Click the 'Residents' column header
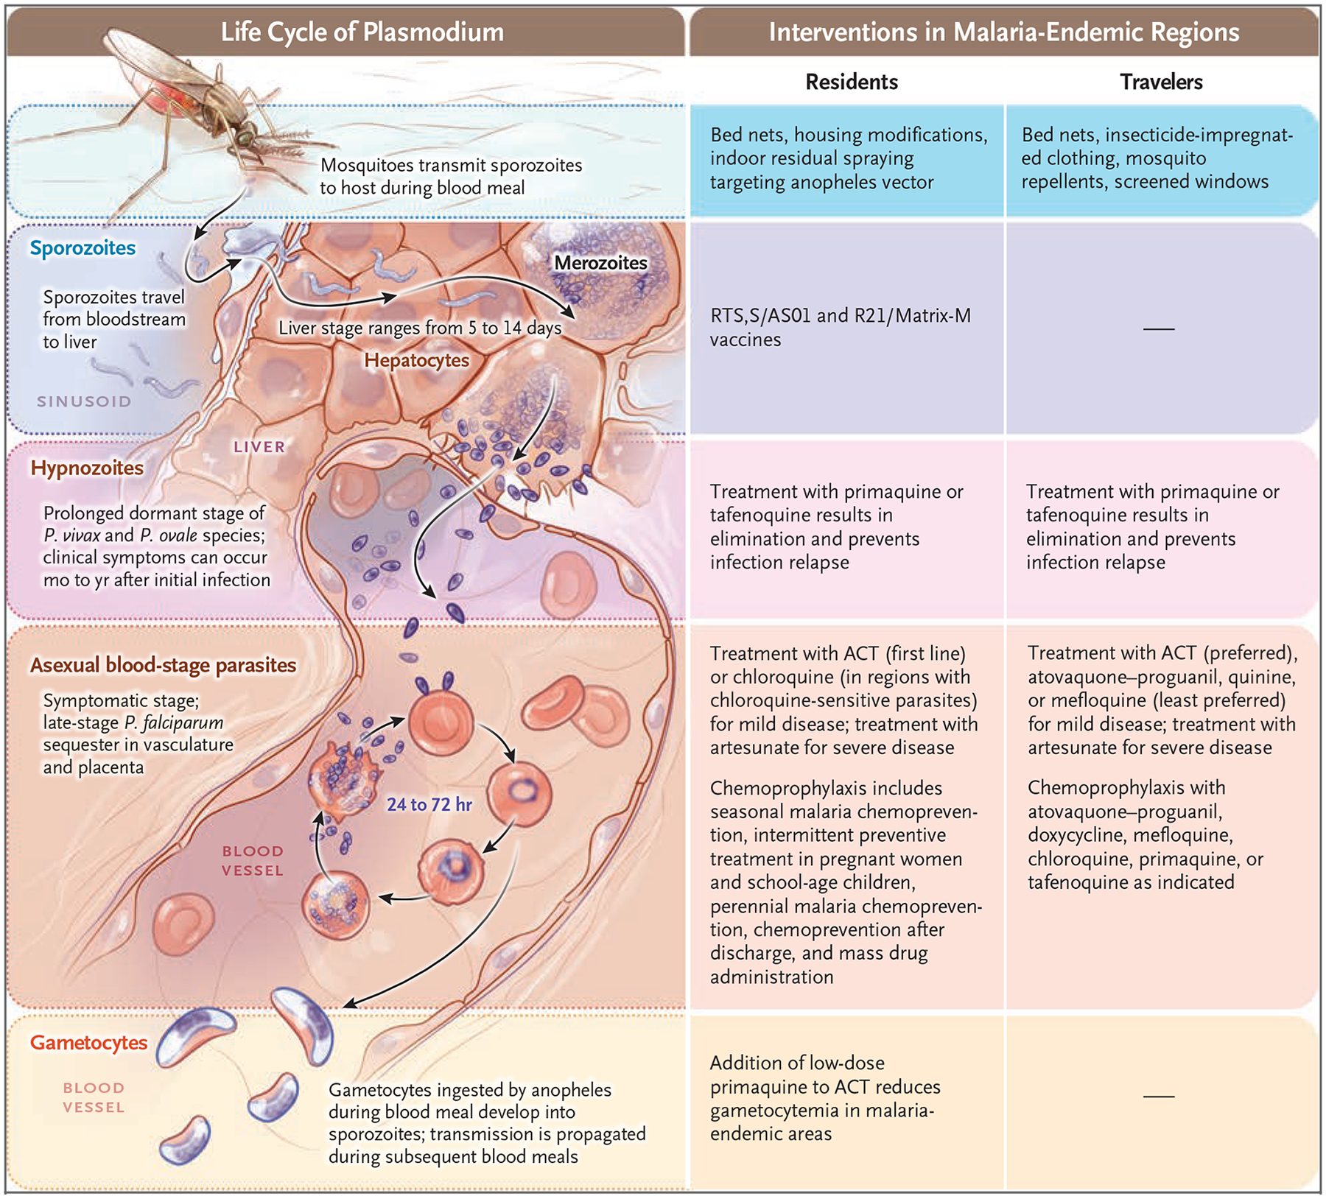pyautogui.click(x=852, y=82)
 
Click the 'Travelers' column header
pyautogui.click(x=1161, y=82)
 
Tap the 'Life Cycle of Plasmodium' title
pyautogui.click(x=362, y=32)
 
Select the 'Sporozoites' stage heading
pyautogui.click(x=83, y=248)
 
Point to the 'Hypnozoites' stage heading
pyautogui.click(x=87, y=468)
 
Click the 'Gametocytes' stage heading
pyautogui.click(x=88, y=1043)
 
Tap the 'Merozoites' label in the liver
pyautogui.click(x=600, y=263)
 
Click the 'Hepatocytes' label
pyautogui.click(x=416, y=360)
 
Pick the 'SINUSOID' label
pyautogui.click(x=84, y=401)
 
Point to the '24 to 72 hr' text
pyautogui.click(x=429, y=804)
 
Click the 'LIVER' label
pyautogui.click(x=259, y=447)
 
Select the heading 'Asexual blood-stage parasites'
pyautogui.click(x=163, y=665)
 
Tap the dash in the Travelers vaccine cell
pyautogui.click(x=1159, y=328)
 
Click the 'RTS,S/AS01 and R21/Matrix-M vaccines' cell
pyautogui.click(x=840, y=327)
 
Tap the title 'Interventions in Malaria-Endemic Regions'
pyautogui.click(x=1004, y=32)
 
